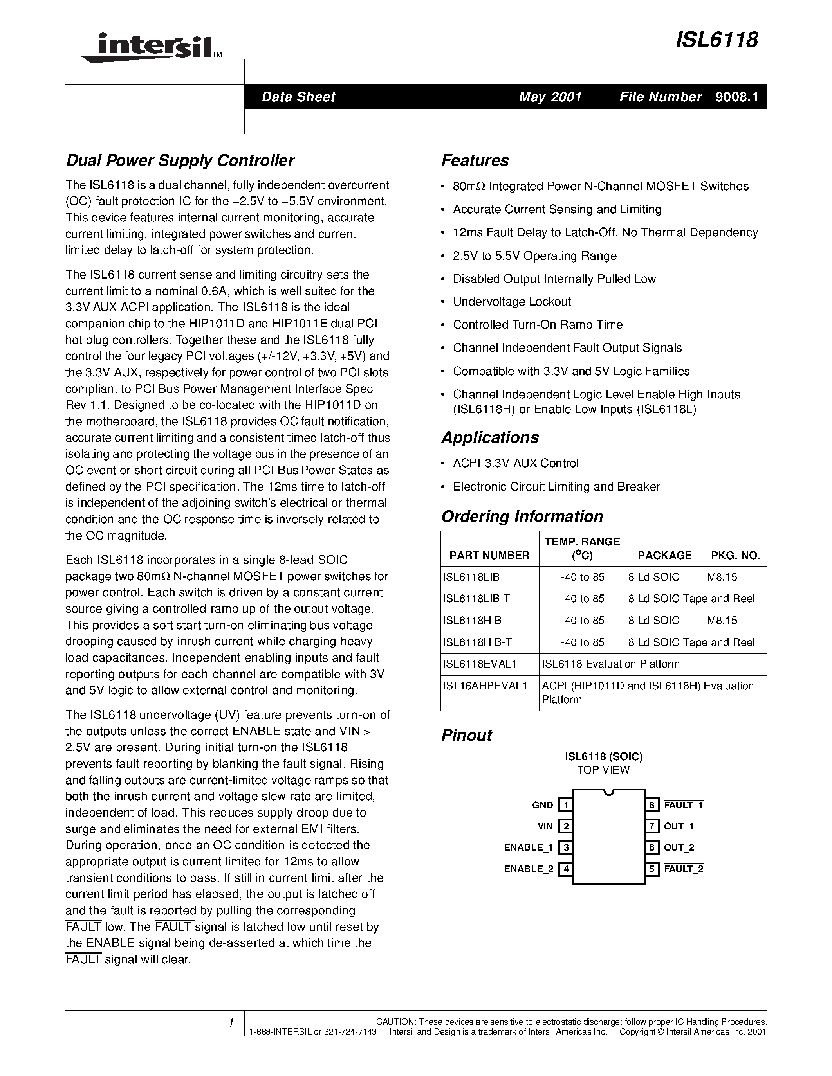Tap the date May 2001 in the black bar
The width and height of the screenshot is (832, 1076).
pos(550,97)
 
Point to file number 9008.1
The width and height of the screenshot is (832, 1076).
pos(736,97)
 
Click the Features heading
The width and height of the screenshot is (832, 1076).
pos(475,160)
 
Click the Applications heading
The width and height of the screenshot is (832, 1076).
pos(490,437)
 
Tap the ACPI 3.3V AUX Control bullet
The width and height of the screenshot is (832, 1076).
pos(516,463)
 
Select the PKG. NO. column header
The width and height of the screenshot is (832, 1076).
pos(735,555)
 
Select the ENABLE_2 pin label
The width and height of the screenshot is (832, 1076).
pos(529,869)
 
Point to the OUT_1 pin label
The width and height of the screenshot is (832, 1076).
pos(678,826)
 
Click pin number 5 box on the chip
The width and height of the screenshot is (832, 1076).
pos(652,869)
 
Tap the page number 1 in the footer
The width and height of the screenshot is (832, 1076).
pos(231,1023)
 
